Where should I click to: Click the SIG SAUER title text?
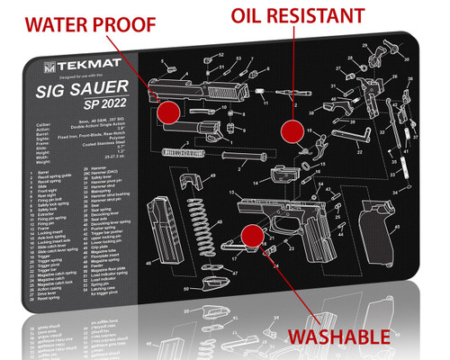[83, 88]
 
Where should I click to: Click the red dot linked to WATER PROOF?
[167, 112]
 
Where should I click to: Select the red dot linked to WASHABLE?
[252, 235]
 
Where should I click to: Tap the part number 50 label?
[186, 290]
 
